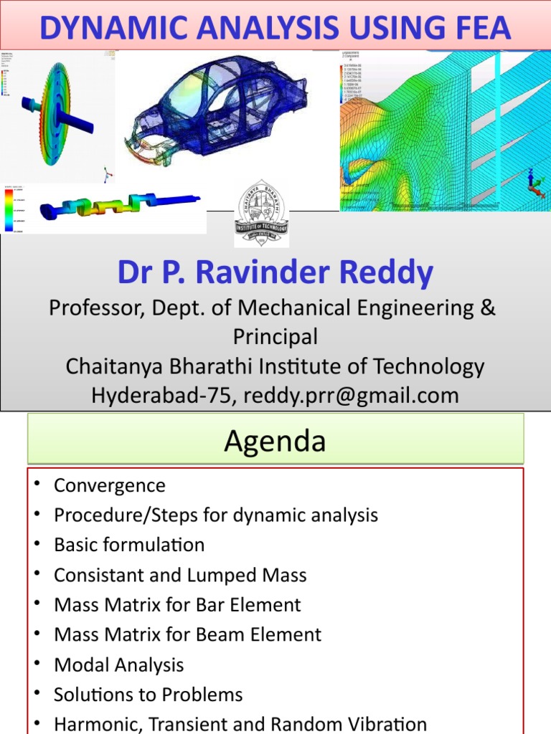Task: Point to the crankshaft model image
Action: [x=118, y=207]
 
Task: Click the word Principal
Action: [x=275, y=336]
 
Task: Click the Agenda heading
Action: [x=275, y=441]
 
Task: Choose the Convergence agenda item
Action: [x=109, y=485]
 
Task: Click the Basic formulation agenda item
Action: [x=129, y=545]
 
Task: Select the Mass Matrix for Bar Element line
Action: [x=177, y=605]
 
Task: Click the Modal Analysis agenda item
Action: [x=118, y=664]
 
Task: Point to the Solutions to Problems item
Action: [x=148, y=695]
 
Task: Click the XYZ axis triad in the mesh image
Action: [x=534, y=183]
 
